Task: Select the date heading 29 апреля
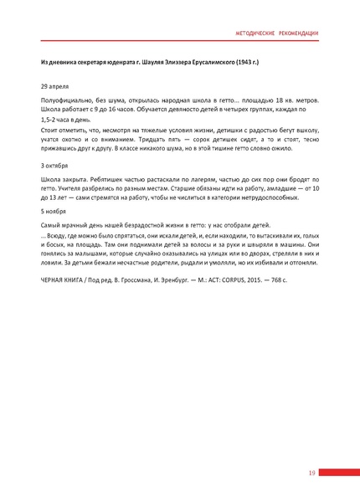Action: [x=55, y=85]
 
